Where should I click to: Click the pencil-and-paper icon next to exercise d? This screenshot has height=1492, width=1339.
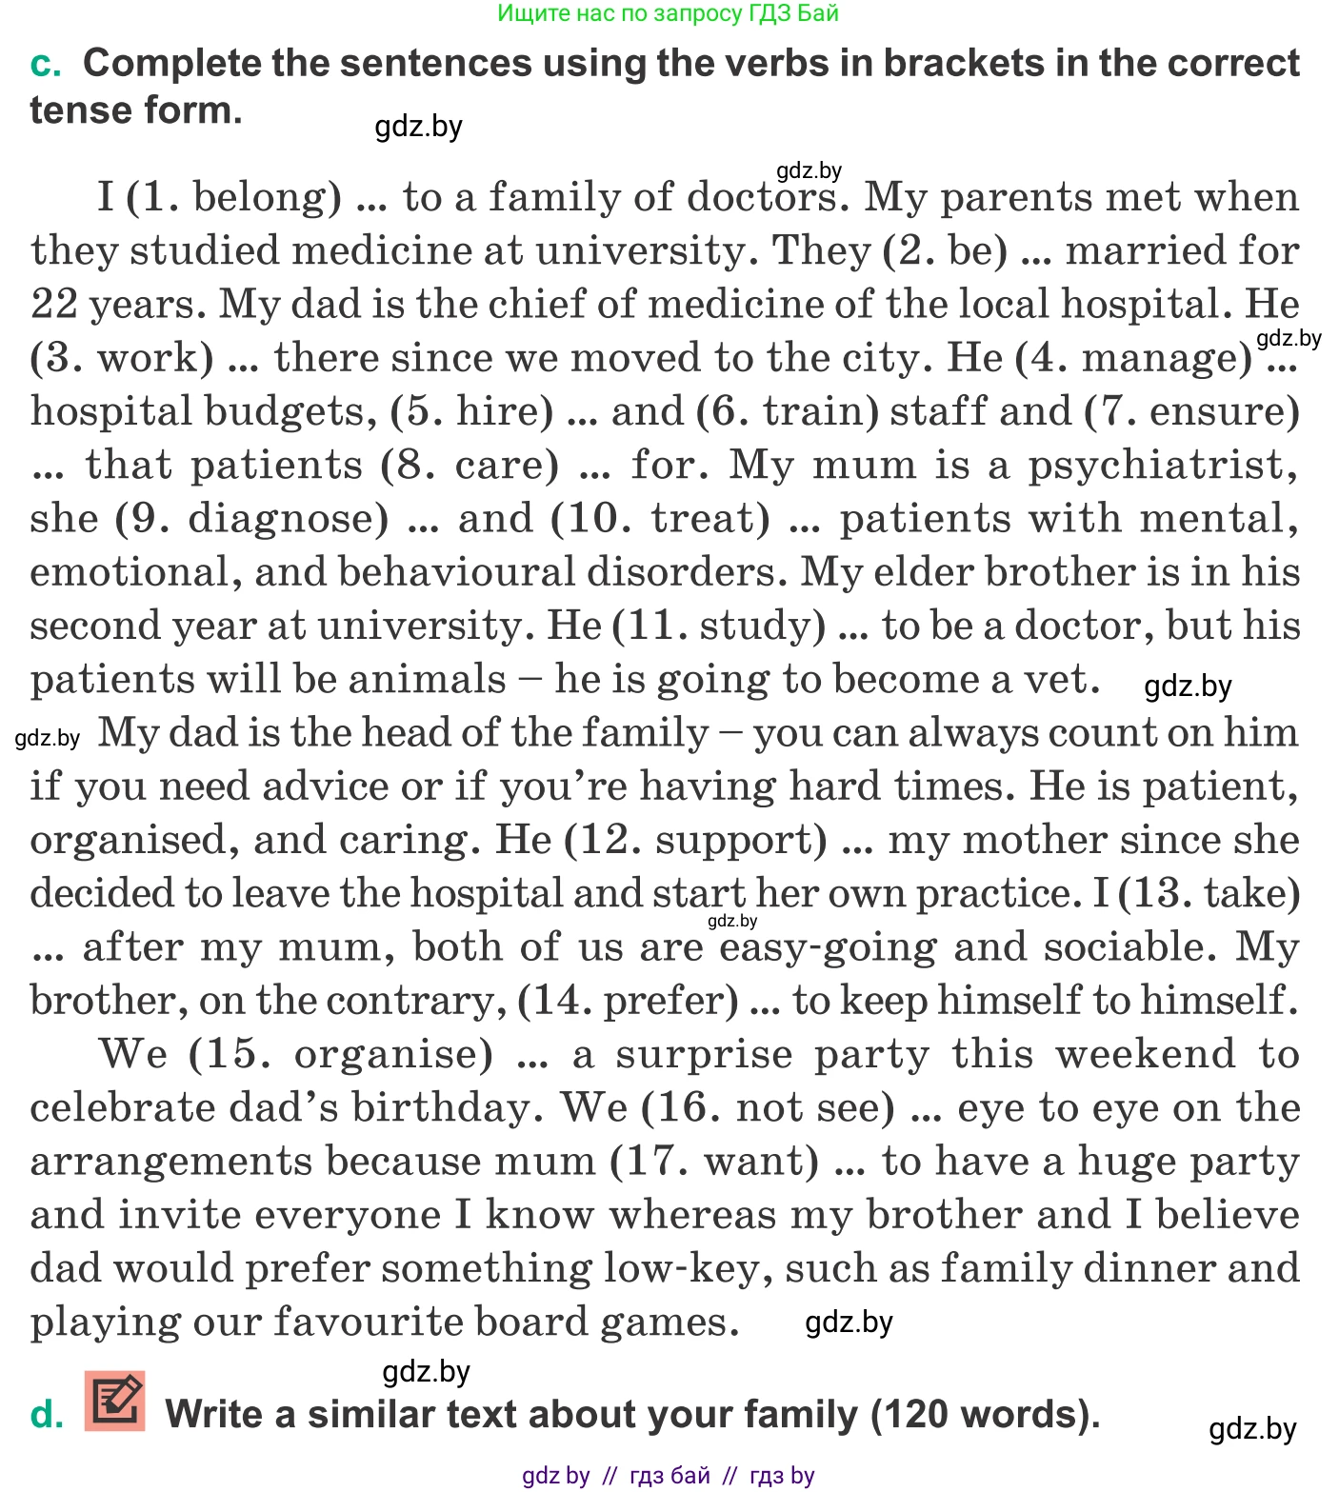115,1402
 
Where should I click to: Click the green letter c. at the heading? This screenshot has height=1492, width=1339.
46,64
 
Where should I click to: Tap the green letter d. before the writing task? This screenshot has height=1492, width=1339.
47,1415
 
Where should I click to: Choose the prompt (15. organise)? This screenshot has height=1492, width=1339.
341,1054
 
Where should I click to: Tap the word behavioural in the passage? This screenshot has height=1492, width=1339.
457,572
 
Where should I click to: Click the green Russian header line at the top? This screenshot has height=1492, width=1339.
669,13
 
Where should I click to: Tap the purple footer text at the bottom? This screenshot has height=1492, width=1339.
669,1476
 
